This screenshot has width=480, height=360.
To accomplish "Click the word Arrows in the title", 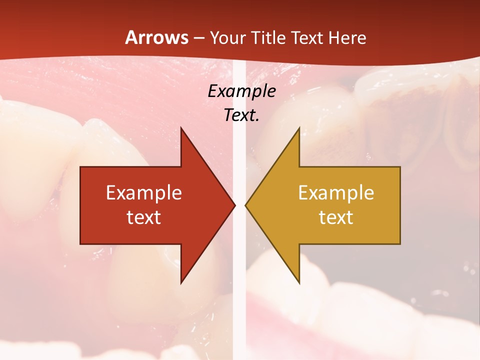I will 157,37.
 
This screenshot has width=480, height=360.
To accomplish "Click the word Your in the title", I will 228,37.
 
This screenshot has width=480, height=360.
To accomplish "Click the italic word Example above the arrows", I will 241,91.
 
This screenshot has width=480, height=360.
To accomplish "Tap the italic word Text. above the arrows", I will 241,115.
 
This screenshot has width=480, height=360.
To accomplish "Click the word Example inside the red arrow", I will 144,192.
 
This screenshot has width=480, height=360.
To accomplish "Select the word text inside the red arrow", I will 144,217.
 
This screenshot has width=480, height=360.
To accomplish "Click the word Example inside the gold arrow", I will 336,192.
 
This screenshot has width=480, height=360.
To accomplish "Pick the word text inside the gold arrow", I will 336,217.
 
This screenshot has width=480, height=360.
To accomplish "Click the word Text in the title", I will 307,37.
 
